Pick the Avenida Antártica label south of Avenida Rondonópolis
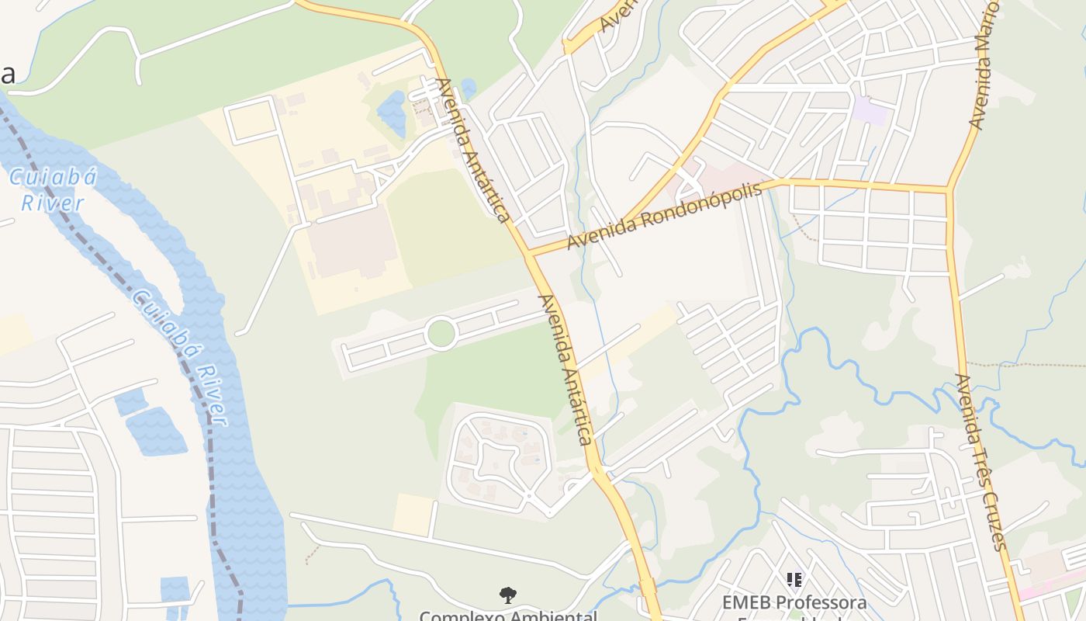click(x=565, y=369)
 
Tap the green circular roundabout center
click(x=441, y=334)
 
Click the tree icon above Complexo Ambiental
click(x=508, y=595)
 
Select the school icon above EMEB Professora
click(x=794, y=579)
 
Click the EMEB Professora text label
click(x=794, y=602)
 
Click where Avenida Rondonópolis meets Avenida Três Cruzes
click(x=948, y=189)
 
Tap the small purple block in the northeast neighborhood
click(x=870, y=111)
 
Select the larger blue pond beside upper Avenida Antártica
click(x=393, y=113)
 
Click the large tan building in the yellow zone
click(x=355, y=243)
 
